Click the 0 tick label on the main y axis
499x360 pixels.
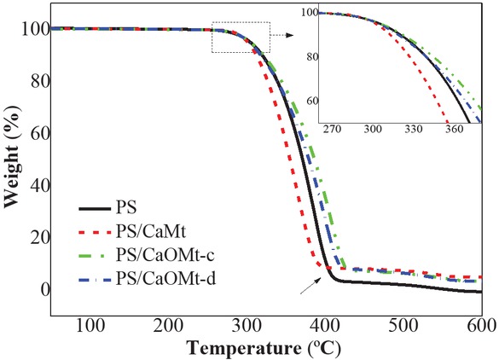pos(38,290)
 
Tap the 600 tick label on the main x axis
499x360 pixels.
pos(480,324)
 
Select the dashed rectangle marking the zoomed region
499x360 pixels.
pos(241,38)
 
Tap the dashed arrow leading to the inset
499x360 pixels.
pos(283,37)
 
